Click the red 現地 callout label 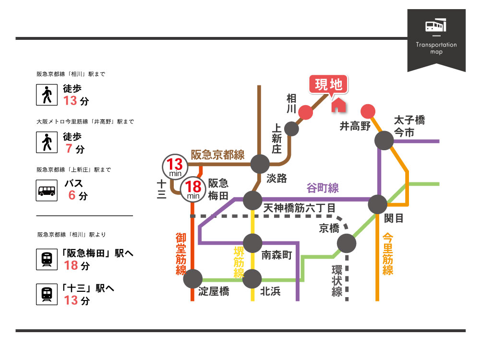click(329, 85)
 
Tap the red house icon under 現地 click(338, 105)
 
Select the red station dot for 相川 click(306, 113)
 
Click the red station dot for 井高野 click(368, 111)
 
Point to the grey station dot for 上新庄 click(291, 129)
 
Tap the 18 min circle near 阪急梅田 click(192, 188)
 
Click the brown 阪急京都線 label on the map click(217, 155)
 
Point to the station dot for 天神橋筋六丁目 click(252, 200)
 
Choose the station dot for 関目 click(378, 204)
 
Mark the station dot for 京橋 click(347, 244)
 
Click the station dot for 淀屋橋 click(193, 279)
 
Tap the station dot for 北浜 click(252, 278)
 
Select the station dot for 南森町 click(252, 243)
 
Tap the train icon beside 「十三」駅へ click(47, 294)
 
